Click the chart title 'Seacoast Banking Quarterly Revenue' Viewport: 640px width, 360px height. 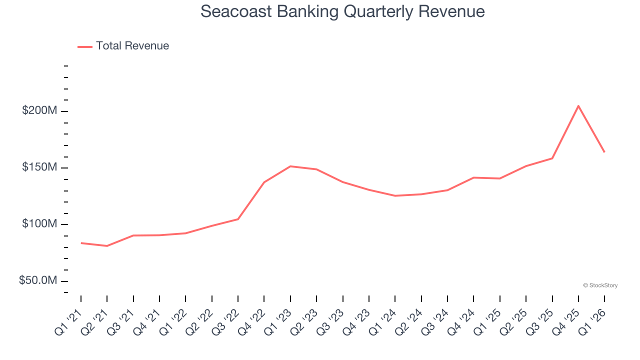[342, 11]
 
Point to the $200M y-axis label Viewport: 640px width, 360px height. [39, 110]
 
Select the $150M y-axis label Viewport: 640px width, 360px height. [39, 167]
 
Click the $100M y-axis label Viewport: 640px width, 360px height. [39, 224]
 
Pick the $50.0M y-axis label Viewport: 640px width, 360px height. [38, 280]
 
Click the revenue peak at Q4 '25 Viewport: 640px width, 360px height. [578, 106]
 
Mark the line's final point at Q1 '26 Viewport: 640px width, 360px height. [604, 152]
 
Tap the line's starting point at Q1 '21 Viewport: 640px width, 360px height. [81, 243]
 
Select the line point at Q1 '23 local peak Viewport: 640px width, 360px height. [290, 166]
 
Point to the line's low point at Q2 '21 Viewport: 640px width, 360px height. [107, 246]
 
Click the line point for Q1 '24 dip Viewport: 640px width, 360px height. [395, 195]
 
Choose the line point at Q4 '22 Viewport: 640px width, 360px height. [264, 182]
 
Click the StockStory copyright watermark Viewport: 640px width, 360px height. [600, 285]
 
